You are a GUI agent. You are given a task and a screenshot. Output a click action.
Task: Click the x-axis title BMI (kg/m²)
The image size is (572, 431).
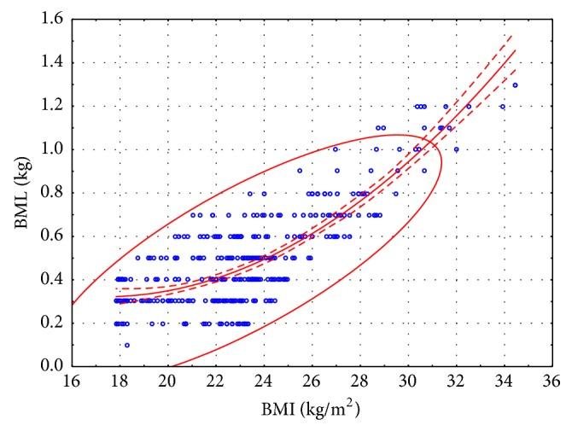click(x=311, y=411)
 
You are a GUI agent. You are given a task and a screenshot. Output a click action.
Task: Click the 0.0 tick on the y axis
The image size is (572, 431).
click(x=51, y=366)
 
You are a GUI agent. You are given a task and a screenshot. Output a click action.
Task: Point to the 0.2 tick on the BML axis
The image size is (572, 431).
click(x=51, y=323)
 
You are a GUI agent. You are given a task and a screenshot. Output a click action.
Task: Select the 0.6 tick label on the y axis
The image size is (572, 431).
click(x=51, y=236)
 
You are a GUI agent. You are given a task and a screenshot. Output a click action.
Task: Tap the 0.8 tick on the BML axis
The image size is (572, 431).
click(x=51, y=193)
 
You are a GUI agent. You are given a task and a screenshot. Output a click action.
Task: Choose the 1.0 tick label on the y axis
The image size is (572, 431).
click(x=51, y=149)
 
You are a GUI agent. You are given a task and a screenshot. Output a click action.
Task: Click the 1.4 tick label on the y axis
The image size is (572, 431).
click(x=51, y=63)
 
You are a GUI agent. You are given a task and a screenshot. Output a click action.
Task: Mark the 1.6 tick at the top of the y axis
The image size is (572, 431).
click(x=51, y=20)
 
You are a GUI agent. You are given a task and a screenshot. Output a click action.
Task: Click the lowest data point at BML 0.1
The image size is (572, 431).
click(x=126, y=345)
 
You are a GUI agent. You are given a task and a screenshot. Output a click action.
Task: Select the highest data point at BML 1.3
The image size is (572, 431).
click(x=515, y=84)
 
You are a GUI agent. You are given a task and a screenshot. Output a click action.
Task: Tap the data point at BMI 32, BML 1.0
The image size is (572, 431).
click(x=456, y=149)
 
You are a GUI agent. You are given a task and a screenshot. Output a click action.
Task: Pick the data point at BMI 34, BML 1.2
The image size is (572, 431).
click(x=503, y=107)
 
